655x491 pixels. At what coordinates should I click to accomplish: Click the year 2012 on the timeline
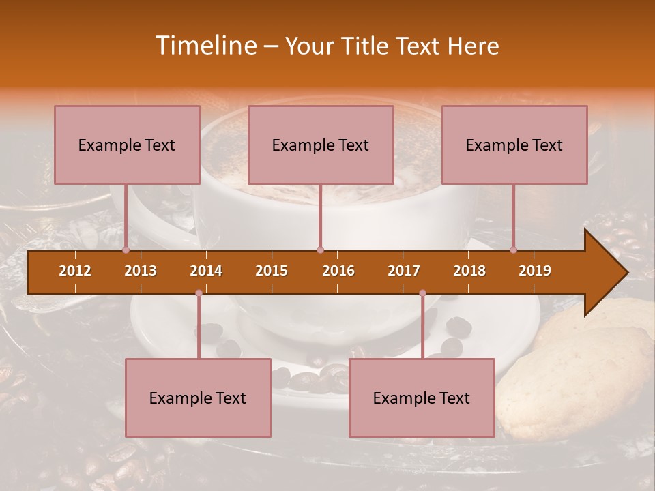point(75,271)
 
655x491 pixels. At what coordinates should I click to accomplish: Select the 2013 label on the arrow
point(141,271)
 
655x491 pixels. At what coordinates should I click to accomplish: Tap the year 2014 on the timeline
point(206,271)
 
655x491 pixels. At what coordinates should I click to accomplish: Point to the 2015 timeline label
point(272,271)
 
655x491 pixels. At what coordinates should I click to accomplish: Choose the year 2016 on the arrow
point(338,271)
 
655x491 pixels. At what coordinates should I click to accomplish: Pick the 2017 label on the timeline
point(404,271)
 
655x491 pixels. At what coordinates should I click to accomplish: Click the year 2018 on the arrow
point(469,271)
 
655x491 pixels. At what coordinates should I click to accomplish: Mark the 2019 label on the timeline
point(535,271)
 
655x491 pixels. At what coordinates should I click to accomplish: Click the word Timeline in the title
point(204,46)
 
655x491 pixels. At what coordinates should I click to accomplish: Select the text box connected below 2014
point(198,398)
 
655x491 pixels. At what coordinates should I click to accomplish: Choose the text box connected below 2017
point(422,398)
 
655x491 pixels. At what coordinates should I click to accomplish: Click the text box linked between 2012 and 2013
point(127,145)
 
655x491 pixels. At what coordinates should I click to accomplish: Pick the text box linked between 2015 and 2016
point(321,145)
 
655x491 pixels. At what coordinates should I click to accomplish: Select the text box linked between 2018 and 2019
point(514,145)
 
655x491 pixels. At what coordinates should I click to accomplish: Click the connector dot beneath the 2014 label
point(199,293)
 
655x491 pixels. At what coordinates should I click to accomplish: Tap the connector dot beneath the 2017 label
point(422,293)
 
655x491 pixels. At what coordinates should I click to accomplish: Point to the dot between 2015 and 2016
point(320,250)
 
